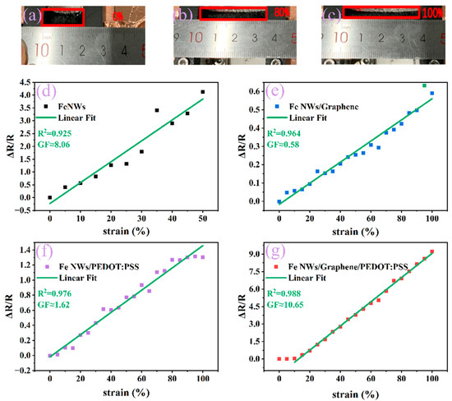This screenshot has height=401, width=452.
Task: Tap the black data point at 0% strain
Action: [50, 197]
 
